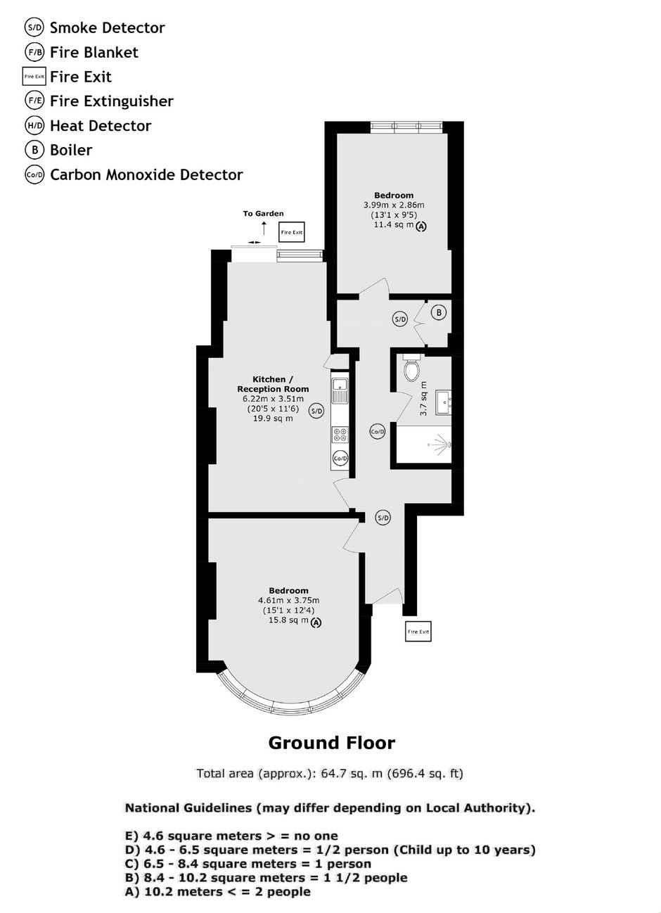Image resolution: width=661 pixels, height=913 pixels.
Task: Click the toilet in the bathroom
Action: tap(411, 368)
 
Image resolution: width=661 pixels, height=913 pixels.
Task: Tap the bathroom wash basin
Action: tap(444, 402)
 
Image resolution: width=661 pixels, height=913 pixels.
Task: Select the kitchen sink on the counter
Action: tap(339, 390)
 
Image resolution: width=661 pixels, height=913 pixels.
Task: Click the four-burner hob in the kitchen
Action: tap(340, 434)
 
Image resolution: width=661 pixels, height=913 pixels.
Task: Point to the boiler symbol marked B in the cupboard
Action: tap(439, 312)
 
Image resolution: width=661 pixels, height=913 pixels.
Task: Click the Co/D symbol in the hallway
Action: tap(378, 431)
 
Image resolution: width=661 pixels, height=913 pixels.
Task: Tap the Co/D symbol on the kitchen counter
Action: tap(340, 458)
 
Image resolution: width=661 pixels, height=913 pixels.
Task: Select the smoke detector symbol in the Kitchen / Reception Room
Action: tap(316, 411)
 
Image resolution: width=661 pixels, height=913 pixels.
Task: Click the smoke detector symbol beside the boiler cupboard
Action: tap(400, 319)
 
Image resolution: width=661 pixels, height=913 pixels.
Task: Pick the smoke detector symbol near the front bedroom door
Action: tap(383, 518)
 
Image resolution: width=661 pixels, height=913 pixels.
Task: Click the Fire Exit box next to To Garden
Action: tap(291, 232)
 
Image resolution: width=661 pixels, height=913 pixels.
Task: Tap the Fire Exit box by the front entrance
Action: tap(418, 632)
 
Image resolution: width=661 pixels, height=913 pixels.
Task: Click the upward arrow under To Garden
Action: tap(264, 228)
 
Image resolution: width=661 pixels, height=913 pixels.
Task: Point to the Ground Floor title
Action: tap(332, 743)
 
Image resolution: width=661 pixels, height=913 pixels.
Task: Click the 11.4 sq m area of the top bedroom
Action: tap(394, 224)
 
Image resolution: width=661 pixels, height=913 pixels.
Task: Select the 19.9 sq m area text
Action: tap(273, 419)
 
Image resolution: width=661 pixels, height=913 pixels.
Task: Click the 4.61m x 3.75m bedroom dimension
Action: tap(288, 601)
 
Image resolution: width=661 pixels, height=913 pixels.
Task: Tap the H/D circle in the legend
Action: tap(34, 125)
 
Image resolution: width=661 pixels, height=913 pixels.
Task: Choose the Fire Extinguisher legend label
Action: tap(112, 101)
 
